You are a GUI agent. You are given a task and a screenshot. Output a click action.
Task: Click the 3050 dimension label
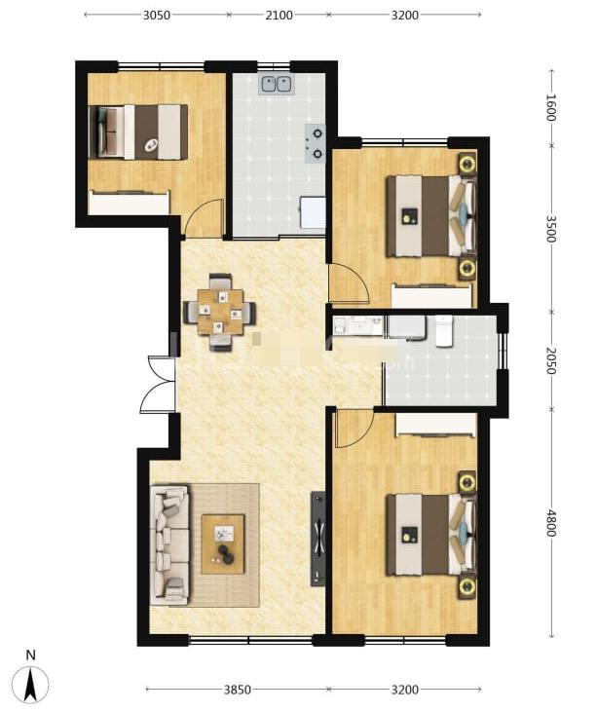point(157,15)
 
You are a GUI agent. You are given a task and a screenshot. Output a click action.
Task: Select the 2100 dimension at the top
point(279,15)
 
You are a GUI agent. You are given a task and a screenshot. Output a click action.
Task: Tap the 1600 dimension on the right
point(550,107)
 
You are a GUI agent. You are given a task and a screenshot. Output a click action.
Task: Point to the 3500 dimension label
point(550,229)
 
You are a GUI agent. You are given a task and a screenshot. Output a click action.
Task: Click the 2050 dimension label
point(550,361)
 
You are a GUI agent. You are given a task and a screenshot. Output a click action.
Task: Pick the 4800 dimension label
point(550,523)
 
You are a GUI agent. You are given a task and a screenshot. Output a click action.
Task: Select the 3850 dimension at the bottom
point(238,690)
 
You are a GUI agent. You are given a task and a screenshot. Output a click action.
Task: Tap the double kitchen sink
point(277,85)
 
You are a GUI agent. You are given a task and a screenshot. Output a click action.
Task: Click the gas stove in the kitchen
point(315,143)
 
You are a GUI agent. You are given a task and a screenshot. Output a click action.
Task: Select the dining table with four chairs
point(220,313)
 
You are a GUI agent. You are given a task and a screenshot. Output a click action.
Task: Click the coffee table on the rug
point(223,543)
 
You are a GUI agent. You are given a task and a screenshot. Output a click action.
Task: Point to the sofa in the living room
point(169,544)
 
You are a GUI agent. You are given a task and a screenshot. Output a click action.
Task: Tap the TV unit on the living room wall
point(318,538)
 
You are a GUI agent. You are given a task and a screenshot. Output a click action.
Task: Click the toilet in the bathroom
point(444,331)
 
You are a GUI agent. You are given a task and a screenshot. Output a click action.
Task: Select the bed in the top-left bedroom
point(138,131)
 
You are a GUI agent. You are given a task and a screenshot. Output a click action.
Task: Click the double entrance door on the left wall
point(158,384)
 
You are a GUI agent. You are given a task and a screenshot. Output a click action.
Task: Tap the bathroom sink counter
point(358,326)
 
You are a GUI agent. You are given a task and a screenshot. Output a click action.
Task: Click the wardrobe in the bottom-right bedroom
point(435,425)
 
